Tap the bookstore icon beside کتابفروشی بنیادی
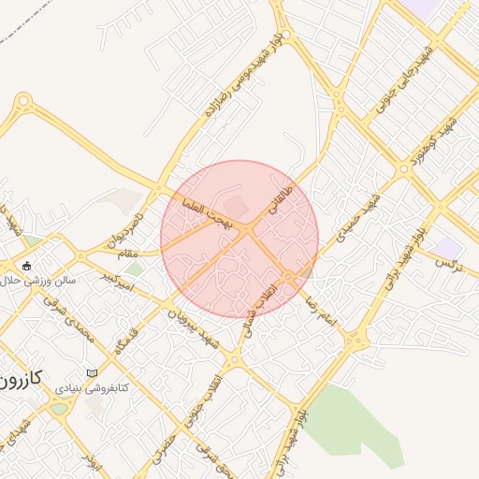pos(92,373)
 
